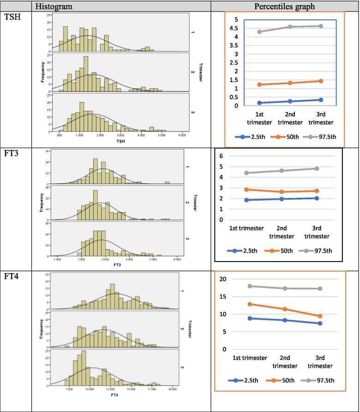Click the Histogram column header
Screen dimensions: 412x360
[x=57, y=6]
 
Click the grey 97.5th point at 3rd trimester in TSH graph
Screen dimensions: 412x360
[x=320, y=26]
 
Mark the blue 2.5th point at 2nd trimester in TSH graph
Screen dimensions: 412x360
[x=283, y=101]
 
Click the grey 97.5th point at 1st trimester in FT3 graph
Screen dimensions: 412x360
[x=246, y=173]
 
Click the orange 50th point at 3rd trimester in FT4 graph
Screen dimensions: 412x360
[x=320, y=316]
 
